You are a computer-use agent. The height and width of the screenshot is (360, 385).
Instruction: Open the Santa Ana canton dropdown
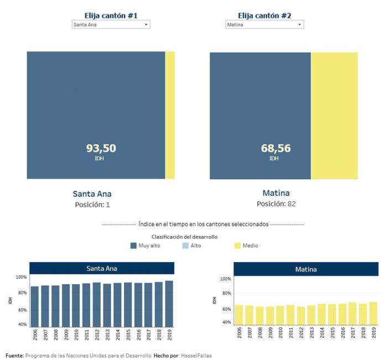[x=111, y=25]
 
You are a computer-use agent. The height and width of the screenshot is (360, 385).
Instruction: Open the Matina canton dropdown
[x=264, y=25]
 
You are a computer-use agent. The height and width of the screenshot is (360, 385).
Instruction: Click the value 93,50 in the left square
[x=101, y=148]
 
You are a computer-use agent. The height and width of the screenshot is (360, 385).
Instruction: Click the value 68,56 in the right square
[x=275, y=148]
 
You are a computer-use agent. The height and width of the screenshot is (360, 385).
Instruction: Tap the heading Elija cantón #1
[x=111, y=15]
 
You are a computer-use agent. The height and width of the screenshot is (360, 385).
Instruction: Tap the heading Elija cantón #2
[x=264, y=15]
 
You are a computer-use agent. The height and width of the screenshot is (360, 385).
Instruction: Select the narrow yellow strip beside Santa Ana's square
[x=170, y=115]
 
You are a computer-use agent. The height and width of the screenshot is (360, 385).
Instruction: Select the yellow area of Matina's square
[x=334, y=115]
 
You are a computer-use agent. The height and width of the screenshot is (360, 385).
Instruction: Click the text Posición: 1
[x=92, y=205]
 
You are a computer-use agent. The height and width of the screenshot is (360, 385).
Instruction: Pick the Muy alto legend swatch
[x=133, y=246]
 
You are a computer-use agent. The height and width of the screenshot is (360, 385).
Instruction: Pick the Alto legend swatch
[x=185, y=246]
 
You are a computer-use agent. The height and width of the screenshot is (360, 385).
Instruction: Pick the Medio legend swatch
[x=237, y=246]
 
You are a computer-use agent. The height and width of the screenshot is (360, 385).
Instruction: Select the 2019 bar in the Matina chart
[x=373, y=314]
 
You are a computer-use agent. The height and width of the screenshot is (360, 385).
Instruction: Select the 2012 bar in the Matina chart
[x=301, y=316]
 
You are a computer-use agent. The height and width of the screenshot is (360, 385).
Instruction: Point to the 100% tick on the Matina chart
[x=225, y=279]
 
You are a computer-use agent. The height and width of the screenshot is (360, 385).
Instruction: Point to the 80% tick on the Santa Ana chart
[x=21, y=293]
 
